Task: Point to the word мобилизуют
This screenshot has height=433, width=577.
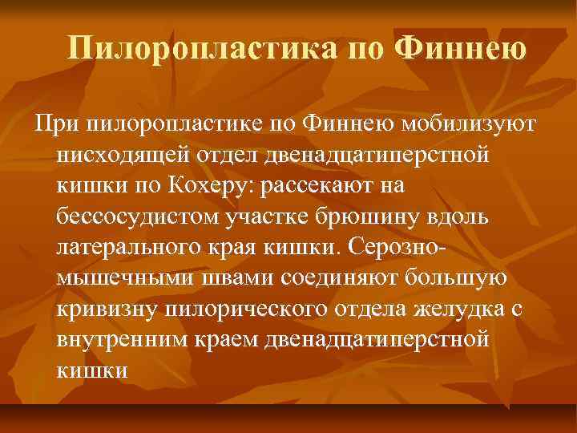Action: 471,123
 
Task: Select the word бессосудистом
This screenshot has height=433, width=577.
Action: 139,216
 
